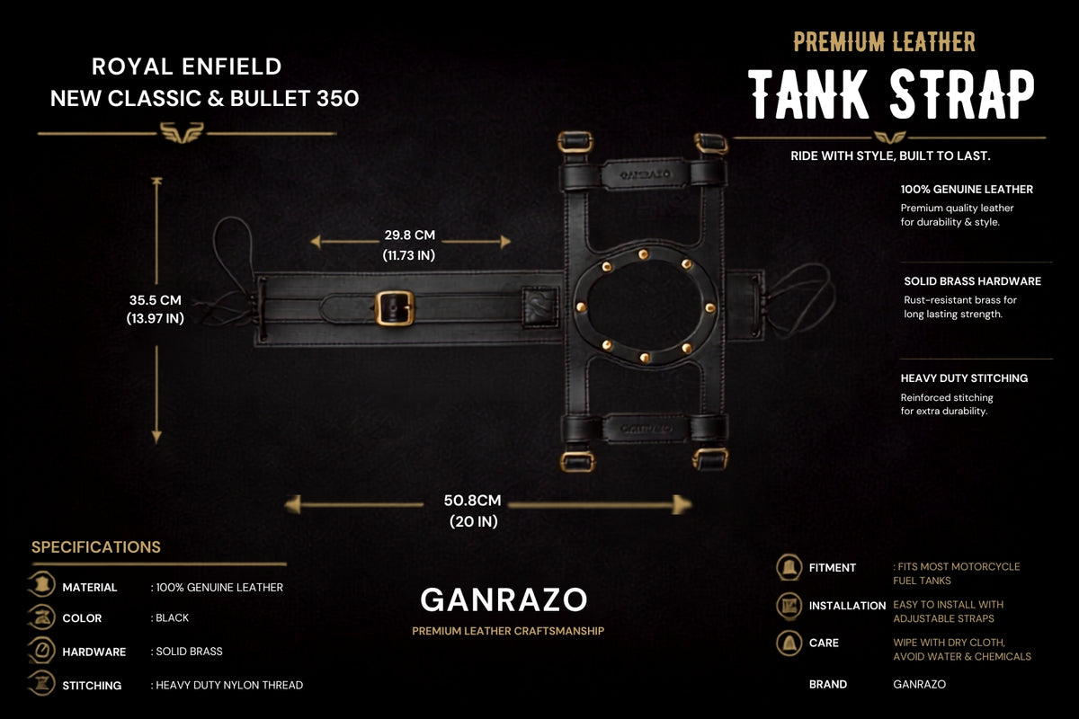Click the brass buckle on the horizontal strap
pos(394,308)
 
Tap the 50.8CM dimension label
pos(473,501)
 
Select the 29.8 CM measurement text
pos(409,235)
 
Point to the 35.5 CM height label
pos(155,300)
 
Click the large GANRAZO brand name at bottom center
pos(504,600)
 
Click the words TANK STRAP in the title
pos(892,93)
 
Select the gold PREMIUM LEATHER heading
pos(885,42)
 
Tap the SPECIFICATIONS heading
pos(96,547)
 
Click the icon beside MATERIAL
pos(42,586)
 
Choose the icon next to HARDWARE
pos(42,651)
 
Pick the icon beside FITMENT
pos(789,567)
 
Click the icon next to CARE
pos(789,643)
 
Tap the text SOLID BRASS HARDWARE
pos(973,281)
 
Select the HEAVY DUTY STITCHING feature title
pos(964,378)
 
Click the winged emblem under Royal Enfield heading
pos(182,132)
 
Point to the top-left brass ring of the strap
pos(575,142)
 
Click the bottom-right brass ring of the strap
pos(710,458)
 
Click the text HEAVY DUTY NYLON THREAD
pos(229,685)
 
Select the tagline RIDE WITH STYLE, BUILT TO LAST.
pos(890,156)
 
